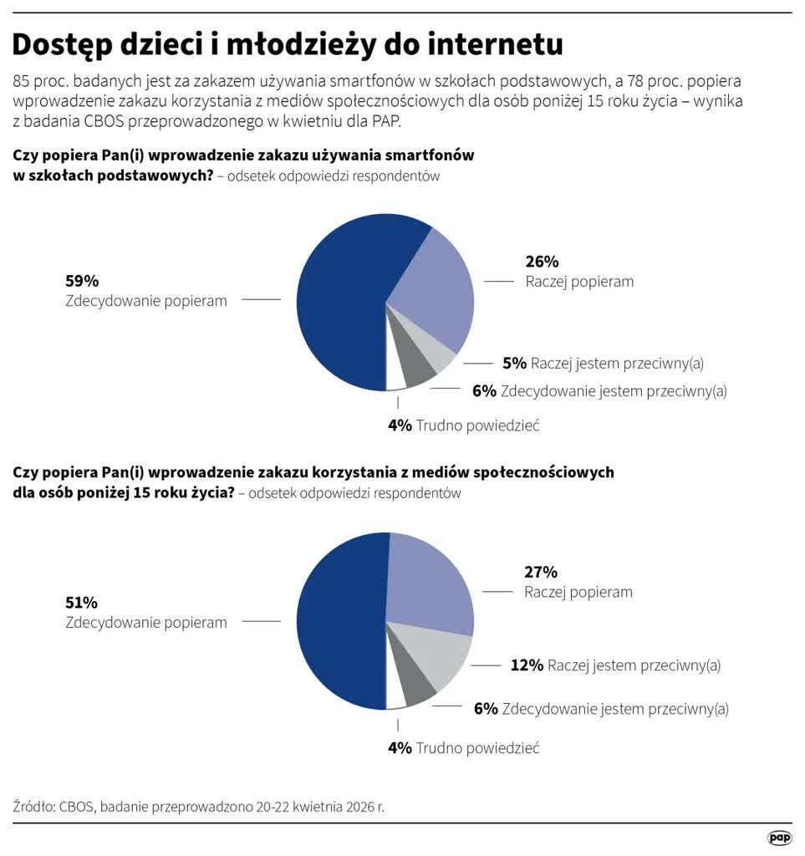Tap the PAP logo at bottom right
coord(779,838)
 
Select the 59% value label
coord(82,281)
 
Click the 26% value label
coord(542,261)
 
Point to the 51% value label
coord(82,602)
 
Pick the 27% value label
coord(541,572)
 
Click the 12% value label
coord(527,665)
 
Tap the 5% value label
coord(514,363)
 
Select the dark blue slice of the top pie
coord(339,301)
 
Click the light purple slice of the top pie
coord(431,284)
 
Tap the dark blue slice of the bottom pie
coord(339,623)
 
